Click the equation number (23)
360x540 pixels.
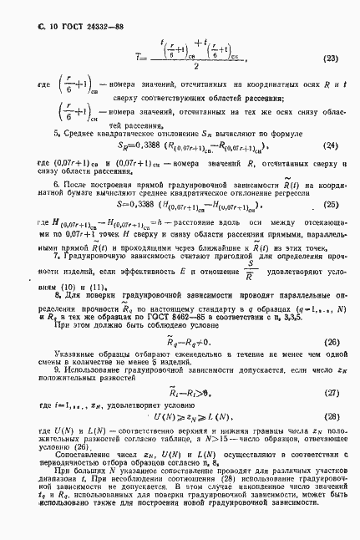330,59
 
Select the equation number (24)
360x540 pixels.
330,145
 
